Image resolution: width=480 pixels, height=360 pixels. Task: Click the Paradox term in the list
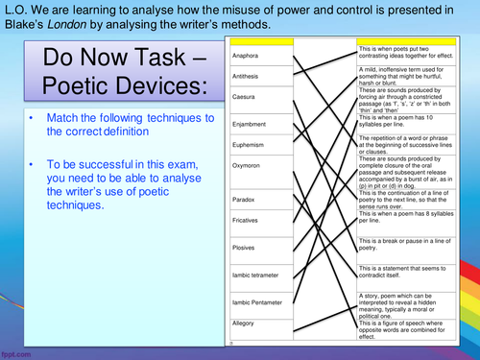[244, 199]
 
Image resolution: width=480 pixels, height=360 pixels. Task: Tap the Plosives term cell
[245, 248]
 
